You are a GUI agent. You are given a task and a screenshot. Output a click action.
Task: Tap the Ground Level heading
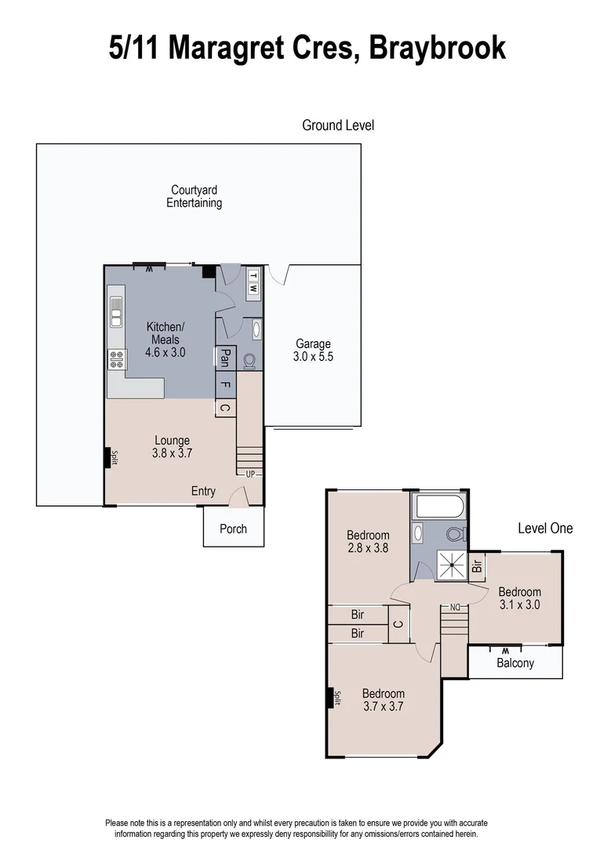tap(338, 125)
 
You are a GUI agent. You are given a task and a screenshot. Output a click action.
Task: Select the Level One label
tap(545, 529)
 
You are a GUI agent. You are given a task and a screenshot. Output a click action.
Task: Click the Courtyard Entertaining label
tap(194, 196)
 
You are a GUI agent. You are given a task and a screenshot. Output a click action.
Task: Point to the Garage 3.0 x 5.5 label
tap(313, 350)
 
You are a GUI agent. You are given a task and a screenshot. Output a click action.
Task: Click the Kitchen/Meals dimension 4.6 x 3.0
tap(165, 353)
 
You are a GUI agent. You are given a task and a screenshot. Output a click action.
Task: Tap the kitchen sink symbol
tap(116, 310)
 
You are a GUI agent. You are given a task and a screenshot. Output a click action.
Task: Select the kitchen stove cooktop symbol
tap(116, 359)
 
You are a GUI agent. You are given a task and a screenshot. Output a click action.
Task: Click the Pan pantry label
tap(225, 359)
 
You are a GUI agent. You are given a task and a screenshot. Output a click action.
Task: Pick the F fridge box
tap(225, 385)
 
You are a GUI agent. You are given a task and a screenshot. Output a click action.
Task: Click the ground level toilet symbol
tap(249, 360)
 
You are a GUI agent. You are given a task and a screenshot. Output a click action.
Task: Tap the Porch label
tap(233, 529)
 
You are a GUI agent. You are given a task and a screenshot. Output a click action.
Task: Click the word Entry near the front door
tap(203, 491)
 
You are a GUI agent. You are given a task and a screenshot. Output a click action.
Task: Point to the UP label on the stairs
tap(250, 474)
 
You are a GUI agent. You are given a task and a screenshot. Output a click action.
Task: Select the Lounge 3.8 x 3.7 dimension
tap(173, 453)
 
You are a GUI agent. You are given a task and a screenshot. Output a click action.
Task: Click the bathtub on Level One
tap(440, 506)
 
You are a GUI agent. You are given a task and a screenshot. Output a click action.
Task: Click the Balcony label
tap(515, 663)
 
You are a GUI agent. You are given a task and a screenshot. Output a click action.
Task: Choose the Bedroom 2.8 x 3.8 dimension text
tap(369, 549)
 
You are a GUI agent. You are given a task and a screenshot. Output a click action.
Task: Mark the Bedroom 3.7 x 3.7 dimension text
tap(384, 706)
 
